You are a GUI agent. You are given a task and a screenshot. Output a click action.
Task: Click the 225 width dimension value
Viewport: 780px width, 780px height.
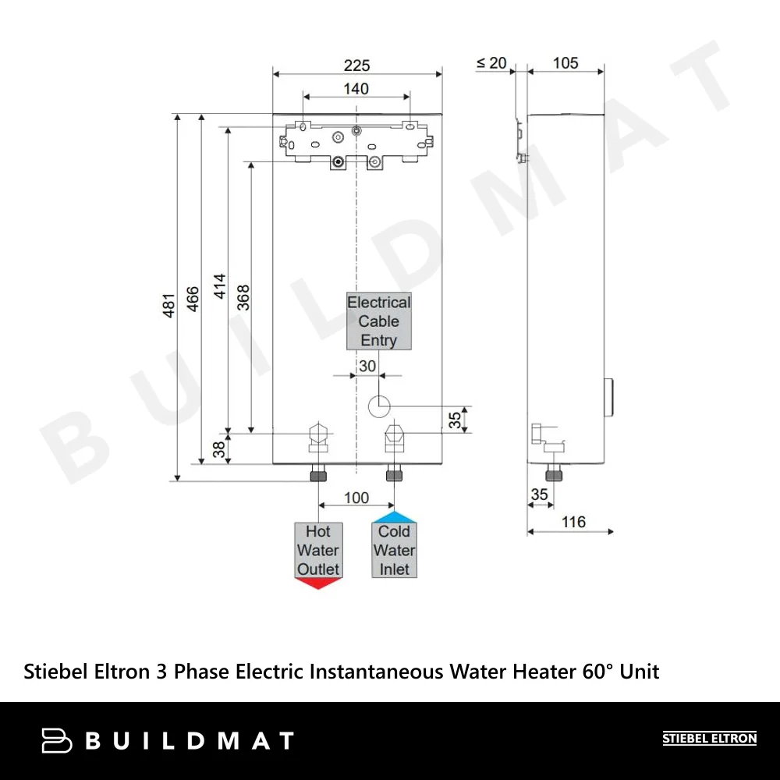click(x=356, y=66)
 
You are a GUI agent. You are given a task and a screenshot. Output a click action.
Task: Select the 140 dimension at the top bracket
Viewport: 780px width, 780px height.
click(x=356, y=89)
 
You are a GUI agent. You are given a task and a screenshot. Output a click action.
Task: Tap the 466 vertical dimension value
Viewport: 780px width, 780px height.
click(x=193, y=299)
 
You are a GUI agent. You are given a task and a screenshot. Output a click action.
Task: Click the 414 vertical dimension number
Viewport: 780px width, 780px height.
click(x=219, y=287)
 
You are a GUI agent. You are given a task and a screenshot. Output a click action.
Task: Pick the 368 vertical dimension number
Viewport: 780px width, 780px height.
click(x=243, y=298)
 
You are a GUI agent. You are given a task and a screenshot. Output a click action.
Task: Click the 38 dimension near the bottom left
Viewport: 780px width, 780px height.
click(x=219, y=448)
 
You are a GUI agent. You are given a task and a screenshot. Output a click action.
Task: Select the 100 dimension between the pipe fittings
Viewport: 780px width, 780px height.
click(x=356, y=498)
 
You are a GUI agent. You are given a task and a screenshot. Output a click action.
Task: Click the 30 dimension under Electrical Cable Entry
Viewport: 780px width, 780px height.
click(x=367, y=366)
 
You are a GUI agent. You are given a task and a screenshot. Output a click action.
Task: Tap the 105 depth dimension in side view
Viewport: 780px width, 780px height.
click(x=565, y=63)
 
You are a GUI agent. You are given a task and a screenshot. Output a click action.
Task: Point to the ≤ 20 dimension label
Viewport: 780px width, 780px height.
click(x=491, y=63)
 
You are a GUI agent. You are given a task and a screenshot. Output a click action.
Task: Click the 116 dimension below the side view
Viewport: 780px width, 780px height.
click(x=573, y=522)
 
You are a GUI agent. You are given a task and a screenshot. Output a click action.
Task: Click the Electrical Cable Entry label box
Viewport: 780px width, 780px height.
click(x=379, y=321)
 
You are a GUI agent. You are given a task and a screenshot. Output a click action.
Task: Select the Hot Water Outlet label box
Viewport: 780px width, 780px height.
click(x=317, y=550)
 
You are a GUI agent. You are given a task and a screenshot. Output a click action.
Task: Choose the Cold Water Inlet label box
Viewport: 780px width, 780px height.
click(x=394, y=550)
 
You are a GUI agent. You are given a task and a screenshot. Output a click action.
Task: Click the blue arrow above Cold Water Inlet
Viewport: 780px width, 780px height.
click(x=394, y=517)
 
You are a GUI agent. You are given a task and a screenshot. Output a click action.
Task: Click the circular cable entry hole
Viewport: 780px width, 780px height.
click(x=379, y=405)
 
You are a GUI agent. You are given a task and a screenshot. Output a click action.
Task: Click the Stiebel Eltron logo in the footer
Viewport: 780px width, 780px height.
click(x=709, y=739)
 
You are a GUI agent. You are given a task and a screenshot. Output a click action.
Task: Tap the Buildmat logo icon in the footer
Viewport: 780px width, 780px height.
click(x=56, y=740)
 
